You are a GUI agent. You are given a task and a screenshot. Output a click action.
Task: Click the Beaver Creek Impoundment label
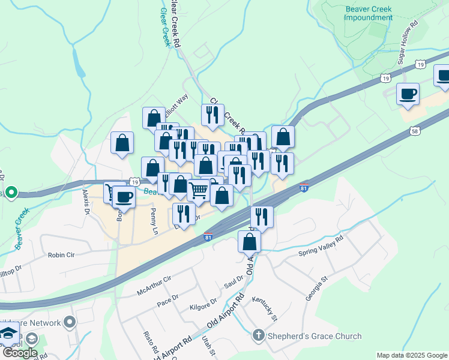[369, 13]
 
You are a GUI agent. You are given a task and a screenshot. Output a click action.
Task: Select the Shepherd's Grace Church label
[315, 336]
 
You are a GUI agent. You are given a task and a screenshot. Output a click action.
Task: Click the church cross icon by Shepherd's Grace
[259, 336]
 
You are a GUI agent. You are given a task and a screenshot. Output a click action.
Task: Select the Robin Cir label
[61, 255]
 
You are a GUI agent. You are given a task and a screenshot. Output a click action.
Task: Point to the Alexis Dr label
[86, 203]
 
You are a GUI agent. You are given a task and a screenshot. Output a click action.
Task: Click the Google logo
[19, 353]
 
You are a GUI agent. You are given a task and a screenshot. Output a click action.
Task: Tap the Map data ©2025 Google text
[411, 355]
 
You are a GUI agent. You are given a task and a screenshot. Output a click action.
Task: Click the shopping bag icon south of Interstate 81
[249, 242]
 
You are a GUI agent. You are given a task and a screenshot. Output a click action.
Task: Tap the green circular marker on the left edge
[10, 193]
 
